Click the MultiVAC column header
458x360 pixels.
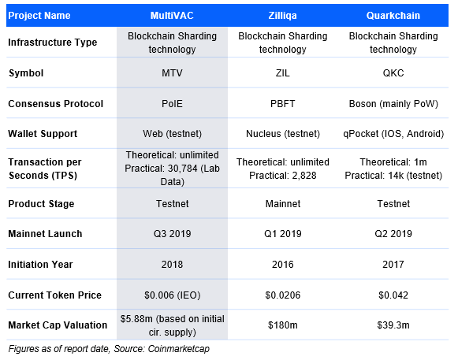172,15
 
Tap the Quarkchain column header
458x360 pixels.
394,15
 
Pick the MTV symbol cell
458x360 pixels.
172,74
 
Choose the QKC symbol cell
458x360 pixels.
394,74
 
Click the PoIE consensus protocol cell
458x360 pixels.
172,104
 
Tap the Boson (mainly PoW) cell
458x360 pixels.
394,104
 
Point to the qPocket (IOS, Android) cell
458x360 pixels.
394,133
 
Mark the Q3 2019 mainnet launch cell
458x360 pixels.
172,234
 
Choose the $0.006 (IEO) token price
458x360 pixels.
172,295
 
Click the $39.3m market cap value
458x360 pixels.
394,325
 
